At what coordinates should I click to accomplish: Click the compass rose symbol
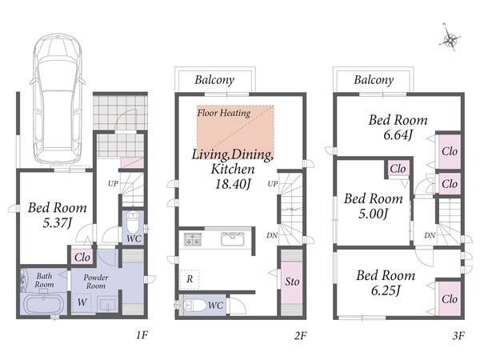point(450,38)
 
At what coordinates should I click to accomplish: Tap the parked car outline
point(58,98)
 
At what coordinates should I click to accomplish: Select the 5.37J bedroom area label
point(57,222)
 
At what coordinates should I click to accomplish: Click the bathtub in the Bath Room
point(43,305)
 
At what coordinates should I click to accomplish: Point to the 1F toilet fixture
point(133,223)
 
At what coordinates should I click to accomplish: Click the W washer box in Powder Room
point(82,302)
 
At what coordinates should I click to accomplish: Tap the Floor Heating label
point(224,113)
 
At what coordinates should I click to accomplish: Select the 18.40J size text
point(233,184)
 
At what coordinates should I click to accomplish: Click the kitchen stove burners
point(193,239)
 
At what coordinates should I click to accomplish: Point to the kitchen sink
point(233,239)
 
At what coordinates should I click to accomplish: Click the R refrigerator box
point(190,279)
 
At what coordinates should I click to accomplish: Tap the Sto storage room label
point(292,282)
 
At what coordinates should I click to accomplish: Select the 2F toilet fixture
point(195,306)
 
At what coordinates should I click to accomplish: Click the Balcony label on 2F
point(214,80)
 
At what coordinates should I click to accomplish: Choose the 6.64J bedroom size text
point(398,134)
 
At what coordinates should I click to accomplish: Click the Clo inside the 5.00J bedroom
point(398,168)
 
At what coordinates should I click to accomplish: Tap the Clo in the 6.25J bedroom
point(450,298)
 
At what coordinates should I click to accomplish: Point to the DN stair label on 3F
point(430,235)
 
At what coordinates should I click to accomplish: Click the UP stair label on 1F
point(113,184)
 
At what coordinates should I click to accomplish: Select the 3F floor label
point(458,336)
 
